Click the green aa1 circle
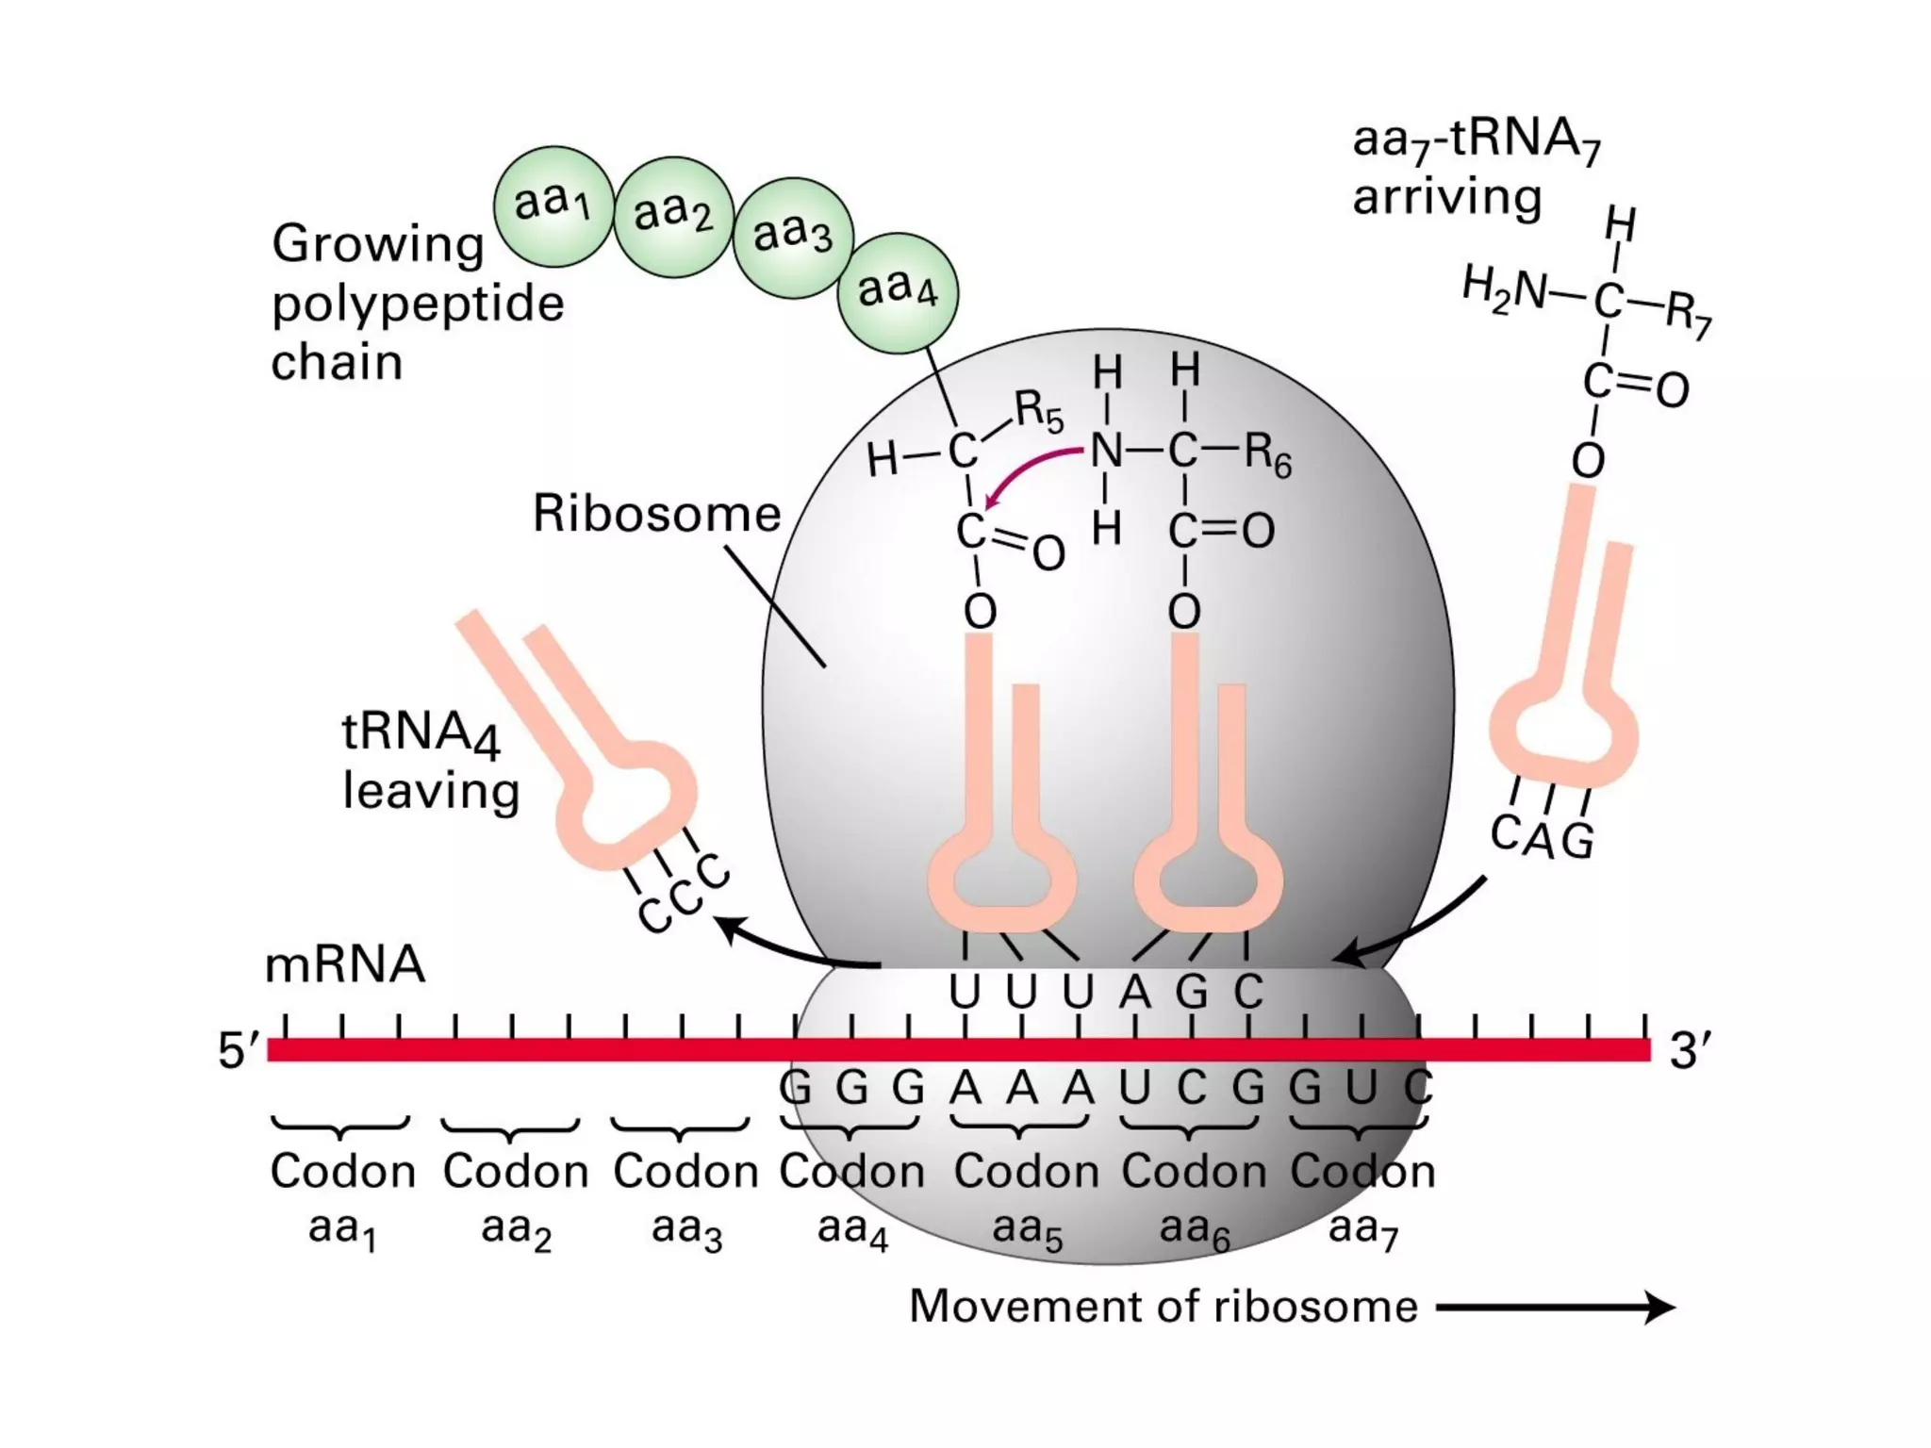pyautogui.click(x=553, y=206)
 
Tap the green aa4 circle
pyautogui.click(x=898, y=292)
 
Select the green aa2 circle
pyautogui.click(x=673, y=216)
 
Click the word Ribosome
pyautogui.click(x=656, y=515)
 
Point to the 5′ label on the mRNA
pyautogui.click(x=238, y=1050)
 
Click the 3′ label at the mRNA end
pyautogui.click(x=1690, y=1050)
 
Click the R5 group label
pyautogui.click(x=1038, y=412)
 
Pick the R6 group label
pyautogui.click(x=1267, y=454)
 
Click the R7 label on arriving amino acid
pyautogui.click(x=1688, y=314)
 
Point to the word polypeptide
pyautogui.click(x=418, y=304)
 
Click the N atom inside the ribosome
pyautogui.click(x=1106, y=452)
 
